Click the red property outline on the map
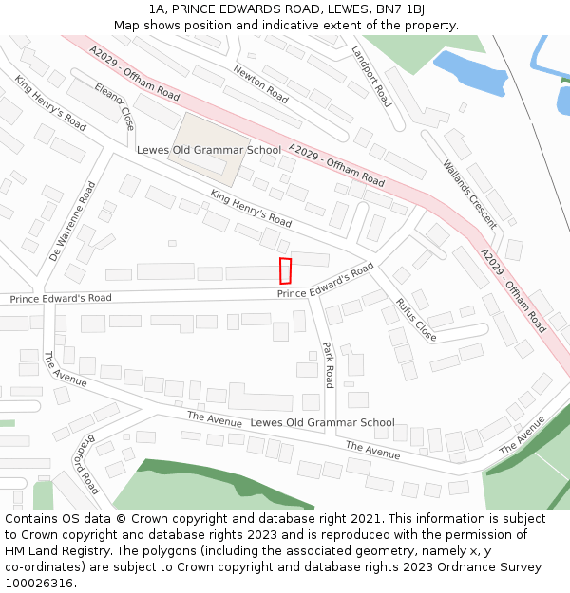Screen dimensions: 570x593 pyautogui.click(x=285, y=270)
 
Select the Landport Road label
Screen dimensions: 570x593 pyautogui.click(x=370, y=76)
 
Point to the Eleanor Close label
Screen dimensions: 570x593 pyautogui.click(x=114, y=104)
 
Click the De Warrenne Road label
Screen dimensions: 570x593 pyautogui.click(x=72, y=221)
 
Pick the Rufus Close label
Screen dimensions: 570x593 pyautogui.click(x=416, y=320)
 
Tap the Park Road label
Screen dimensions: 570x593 pyautogui.click(x=328, y=364)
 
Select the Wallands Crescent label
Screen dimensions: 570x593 pyautogui.click(x=469, y=194)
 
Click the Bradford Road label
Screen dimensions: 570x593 pyautogui.click(x=85, y=464)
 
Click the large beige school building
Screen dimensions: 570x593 pyautogui.click(x=209, y=147)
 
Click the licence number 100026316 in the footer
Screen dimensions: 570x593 pyautogui.click(x=40, y=584)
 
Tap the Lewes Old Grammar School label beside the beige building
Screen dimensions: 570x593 pyautogui.click(x=209, y=150)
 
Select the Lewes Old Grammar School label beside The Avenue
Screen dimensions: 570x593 pyautogui.click(x=322, y=422)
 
